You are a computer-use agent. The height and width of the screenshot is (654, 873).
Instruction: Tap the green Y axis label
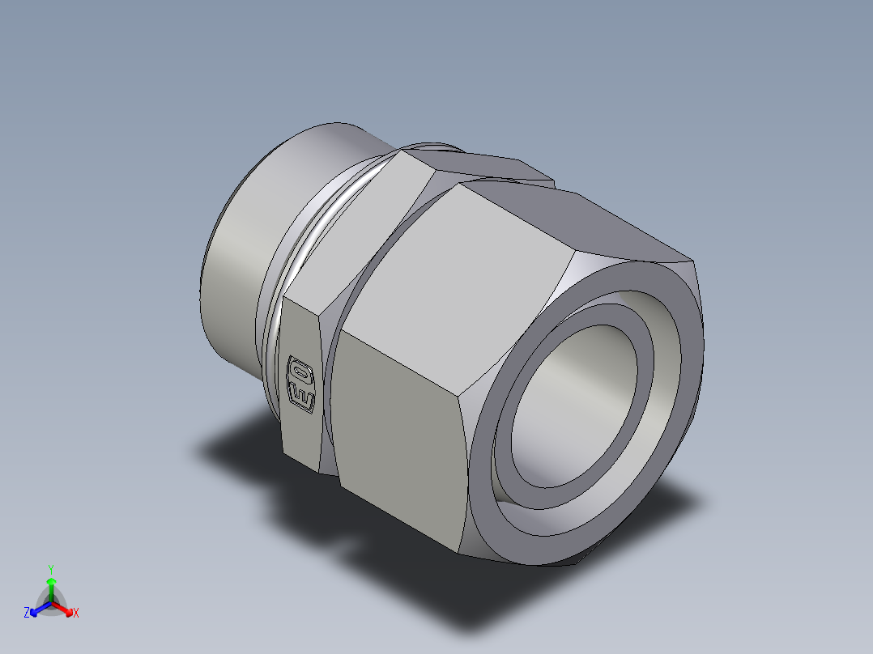click(50, 568)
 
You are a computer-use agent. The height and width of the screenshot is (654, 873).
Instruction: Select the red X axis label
click(76, 614)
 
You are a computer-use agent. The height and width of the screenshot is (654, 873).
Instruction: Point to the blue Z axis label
click(27, 614)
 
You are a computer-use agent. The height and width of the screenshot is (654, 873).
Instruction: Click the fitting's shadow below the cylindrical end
click(235, 445)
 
